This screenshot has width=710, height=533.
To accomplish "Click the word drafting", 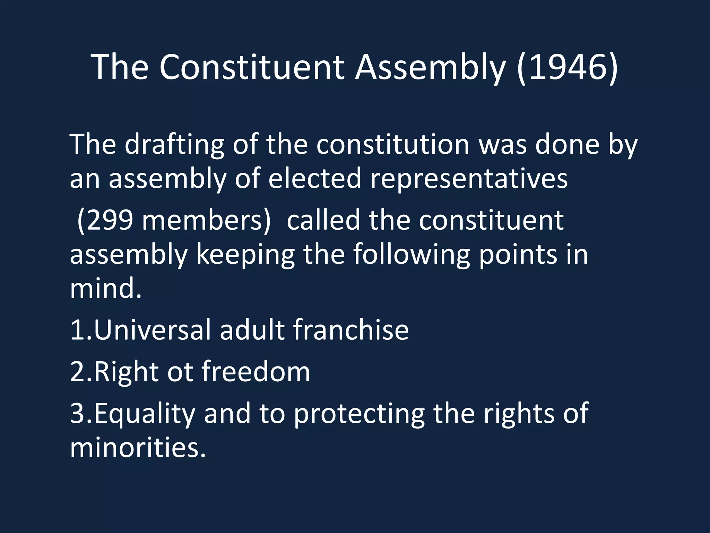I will [x=174, y=144].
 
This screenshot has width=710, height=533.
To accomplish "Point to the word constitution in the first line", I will [x=393, y=144].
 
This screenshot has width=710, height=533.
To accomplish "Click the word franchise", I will [x=351, y=330].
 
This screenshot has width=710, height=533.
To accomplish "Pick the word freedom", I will [x=256, y=372].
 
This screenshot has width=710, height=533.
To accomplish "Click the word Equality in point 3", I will [x=144, y=414].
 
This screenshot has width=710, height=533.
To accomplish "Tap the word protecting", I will [x=359, y=414].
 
